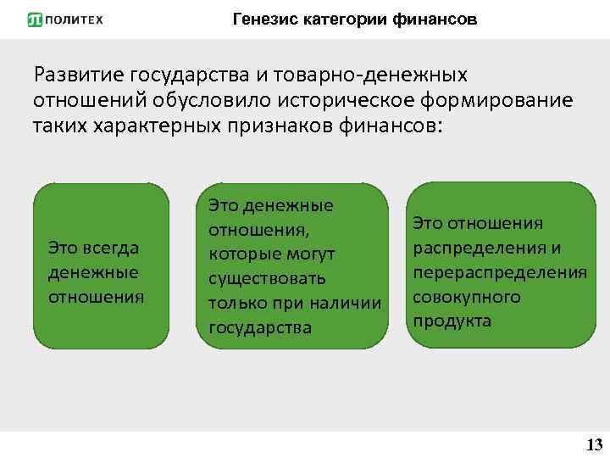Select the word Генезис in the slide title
coord(263,19)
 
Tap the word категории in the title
coord(345,19)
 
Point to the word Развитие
coord(82,77)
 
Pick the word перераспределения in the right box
coord(500,272)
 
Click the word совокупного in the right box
coord(466,297)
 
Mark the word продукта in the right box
coord(452,321)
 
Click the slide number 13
coord(594,444)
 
